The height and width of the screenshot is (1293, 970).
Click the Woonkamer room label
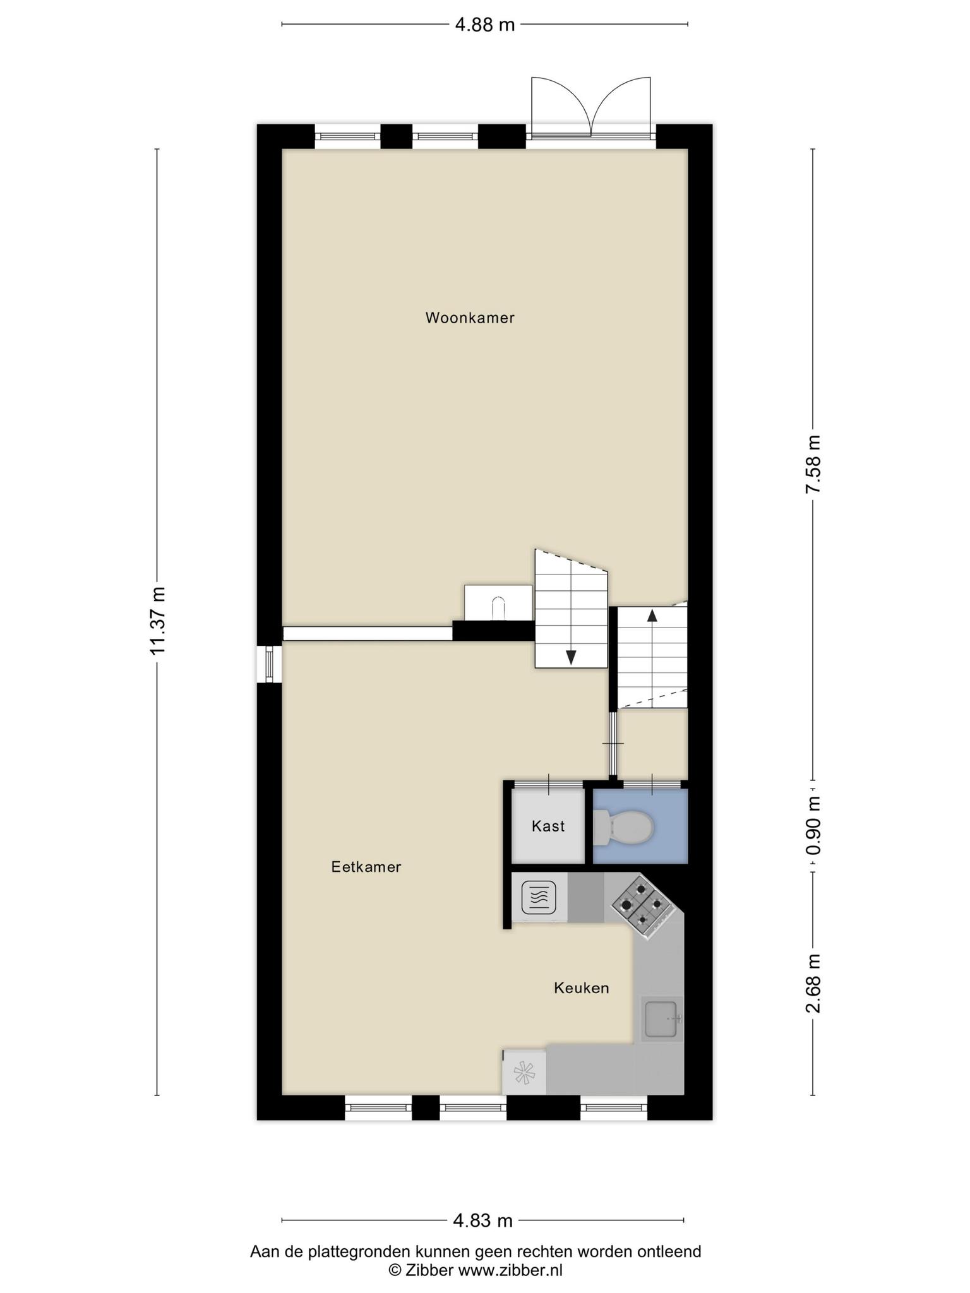tap(470, 318)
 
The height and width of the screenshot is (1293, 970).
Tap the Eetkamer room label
tap(366, 867)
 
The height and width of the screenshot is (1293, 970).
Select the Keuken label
tap(582, 988)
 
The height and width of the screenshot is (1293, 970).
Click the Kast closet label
tap(548, 826)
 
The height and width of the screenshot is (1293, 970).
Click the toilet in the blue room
tap(623, 827)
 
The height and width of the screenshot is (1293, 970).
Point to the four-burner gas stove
tap(641, 904)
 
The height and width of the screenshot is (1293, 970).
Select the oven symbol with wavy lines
tap(539, 898)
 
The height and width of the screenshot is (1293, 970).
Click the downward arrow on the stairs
tap(571, 657)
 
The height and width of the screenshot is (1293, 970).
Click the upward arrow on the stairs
tap(652, 616)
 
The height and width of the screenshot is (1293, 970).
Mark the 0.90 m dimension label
tap(813, 826)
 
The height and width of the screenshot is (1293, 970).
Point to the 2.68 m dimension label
tap(813, 983)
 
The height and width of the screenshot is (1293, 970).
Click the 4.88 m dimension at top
tap(485, 25)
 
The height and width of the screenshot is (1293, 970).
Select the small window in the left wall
tap(270, 664)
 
